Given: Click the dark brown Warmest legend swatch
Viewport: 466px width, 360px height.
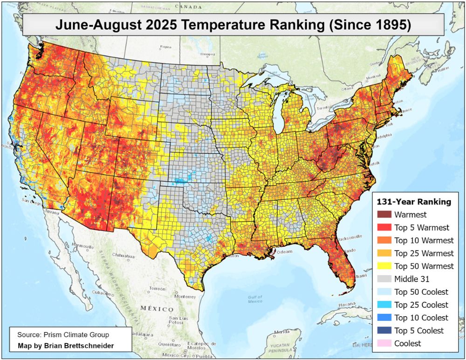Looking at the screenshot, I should [x=384, y=215].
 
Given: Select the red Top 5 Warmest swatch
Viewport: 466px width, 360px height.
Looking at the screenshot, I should [x=384, y=228].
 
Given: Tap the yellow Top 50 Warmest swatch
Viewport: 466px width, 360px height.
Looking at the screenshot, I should [x=384, y=266].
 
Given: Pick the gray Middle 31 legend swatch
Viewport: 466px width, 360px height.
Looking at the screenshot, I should [x=384, y=279].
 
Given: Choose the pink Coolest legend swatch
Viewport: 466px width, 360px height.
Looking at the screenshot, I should [x=384, y=344].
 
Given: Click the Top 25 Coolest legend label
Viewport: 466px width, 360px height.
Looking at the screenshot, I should [x=421, y=305].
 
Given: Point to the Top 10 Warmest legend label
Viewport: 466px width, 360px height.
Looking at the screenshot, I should [x=424, y=241].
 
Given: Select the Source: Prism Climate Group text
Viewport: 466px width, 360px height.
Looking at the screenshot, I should [x=63, y=335].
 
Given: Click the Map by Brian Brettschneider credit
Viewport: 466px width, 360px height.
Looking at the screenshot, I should [x=66, y=346].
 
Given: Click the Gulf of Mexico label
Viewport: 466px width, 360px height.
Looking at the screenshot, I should [x=255, y=299].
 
